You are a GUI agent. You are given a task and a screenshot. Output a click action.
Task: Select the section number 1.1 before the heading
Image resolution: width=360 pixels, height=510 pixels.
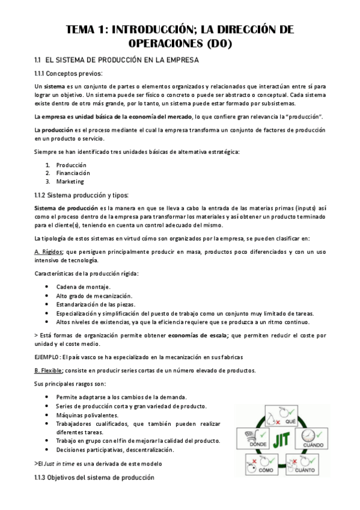tap(37, 61)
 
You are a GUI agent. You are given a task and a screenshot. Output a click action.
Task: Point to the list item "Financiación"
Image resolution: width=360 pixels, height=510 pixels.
tap(73, 173)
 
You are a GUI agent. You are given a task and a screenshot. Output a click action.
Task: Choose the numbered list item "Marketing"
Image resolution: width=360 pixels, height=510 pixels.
tap(70, 182)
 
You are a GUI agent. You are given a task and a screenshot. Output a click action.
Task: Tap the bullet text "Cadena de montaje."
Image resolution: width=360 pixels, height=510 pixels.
tap(83, 287)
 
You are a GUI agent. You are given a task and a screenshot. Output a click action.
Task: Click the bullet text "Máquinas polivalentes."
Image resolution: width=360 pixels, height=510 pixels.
tap(87, 415)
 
